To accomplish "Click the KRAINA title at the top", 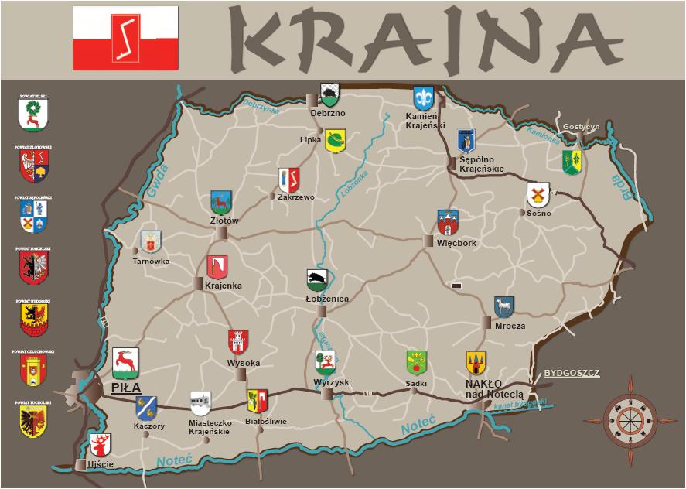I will tap(418, 38).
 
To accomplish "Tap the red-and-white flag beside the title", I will tap(125, 37).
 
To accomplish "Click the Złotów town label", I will tap(224, 221).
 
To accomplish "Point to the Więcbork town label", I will tap(456, 243).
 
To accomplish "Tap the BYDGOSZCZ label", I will tap(572, 373).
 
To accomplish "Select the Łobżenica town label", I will tap(327, 299).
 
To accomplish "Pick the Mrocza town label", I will tap(510, 326).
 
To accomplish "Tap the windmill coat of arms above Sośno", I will tap(538, 194).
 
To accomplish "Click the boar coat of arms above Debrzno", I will tap(329, 95).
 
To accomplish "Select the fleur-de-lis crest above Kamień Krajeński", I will tap(423, 97).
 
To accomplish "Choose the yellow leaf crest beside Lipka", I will tap(335, 141).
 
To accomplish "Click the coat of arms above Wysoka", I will tap(238, 341).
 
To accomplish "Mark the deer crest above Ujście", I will tap(101, 445).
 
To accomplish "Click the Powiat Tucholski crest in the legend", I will tap(33, 422).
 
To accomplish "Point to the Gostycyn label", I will tap(582, 126).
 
